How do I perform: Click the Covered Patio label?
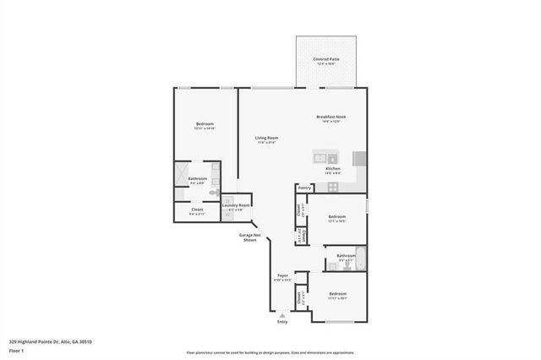click(326, 59)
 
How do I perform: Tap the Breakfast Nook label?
click(331, 117)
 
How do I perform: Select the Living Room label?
click(267, 138)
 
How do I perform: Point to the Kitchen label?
click(333, 169)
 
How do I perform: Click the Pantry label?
click(304, 188)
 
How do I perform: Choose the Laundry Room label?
click(236, 205)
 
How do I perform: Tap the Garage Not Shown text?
click(249, 237)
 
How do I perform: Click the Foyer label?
click(283, 275)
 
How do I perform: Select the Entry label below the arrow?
click(282, 322)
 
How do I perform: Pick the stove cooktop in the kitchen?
click(333, 187)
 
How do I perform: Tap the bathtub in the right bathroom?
click(361, 259)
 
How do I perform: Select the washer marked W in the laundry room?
click(227, 214)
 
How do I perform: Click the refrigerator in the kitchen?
click(359, 158)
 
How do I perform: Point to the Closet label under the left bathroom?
click(197, 210)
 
